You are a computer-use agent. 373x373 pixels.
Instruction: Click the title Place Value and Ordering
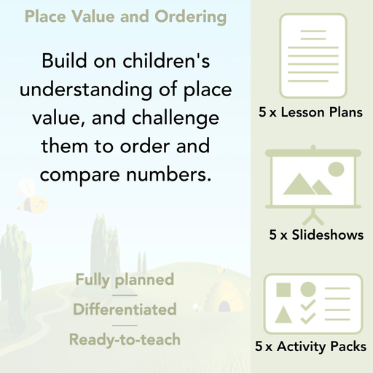(x=125, y=17)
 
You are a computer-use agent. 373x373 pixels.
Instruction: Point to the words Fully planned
(x=125, y=279)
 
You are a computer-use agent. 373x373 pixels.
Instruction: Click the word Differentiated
(x=125, y=309)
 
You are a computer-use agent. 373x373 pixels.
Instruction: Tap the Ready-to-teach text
(x=125, y=339)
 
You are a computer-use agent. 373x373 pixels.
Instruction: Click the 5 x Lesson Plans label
(x=311, y=113)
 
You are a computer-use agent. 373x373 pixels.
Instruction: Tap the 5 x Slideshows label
(x=316, y=235)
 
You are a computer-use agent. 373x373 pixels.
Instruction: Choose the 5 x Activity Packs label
(x=311, y=347)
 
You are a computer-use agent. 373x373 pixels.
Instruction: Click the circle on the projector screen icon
(x=336, y=170)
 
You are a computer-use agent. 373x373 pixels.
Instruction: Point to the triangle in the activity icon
(x=283, y=315)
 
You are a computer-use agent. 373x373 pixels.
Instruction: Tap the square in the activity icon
(x=283, y=290)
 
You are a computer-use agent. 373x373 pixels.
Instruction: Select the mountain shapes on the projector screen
(x=306, y=185)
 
